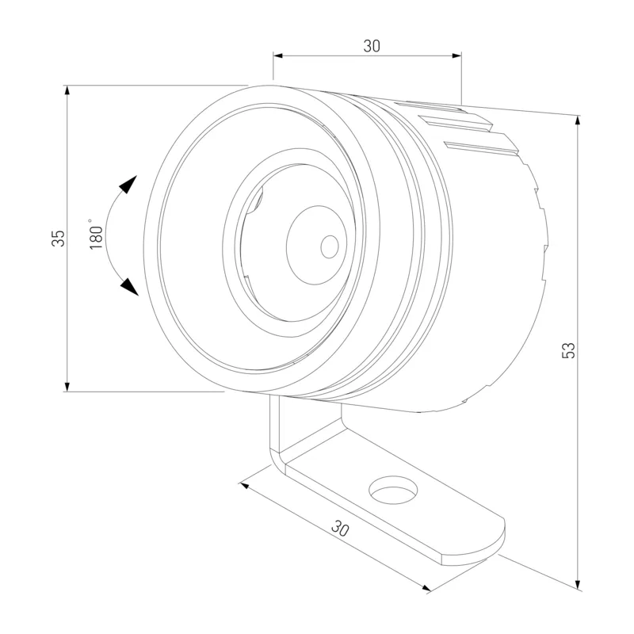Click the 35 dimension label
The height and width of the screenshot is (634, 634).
coord(58,239)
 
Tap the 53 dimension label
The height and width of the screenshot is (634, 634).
coord(568,350)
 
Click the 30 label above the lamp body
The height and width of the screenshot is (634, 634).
coord(372,46)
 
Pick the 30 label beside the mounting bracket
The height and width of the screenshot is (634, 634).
coord(340,529)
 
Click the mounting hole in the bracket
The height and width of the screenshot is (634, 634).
coord(393,490)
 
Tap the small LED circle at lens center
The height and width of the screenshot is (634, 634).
coord(330,246)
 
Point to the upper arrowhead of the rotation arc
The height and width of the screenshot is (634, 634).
coord(129,185)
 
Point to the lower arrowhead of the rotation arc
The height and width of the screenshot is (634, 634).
coord(130,287)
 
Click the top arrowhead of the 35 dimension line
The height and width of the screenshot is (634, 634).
coord(67,90)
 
